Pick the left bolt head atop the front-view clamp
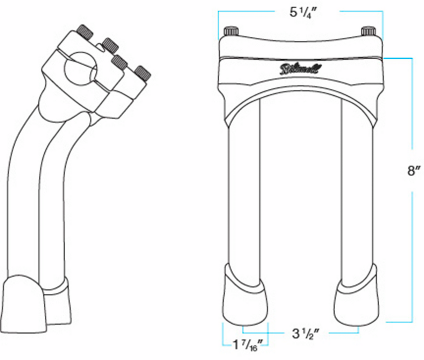tap(231, 31)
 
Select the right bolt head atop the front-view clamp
tap(368, 31)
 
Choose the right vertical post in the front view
tap(358, 196)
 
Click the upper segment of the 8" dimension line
tap(413, 101)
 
